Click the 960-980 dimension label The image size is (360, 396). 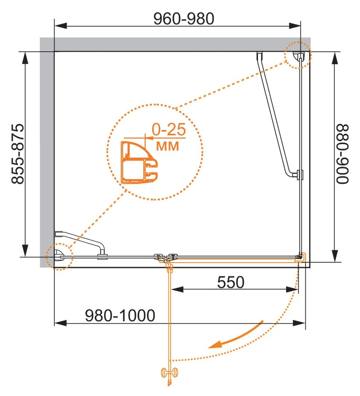[x=184, y=19]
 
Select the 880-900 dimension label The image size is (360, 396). [x=343, y=154]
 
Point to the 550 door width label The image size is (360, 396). [x=231, y=282]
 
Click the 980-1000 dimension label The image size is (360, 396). [x=120, y=316]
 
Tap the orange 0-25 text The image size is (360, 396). [x=169, y=130]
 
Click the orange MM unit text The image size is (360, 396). [x=168, y=146]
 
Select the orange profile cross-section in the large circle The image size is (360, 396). [x=139, y=162]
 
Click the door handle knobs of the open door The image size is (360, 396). [x=169, y=373]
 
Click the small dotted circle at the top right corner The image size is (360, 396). [x=298, y=55]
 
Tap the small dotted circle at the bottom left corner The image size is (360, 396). [x=59, y=257]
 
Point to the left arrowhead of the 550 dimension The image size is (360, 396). [x=177, y=289]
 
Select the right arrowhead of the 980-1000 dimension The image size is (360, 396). [x=299, y=323]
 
